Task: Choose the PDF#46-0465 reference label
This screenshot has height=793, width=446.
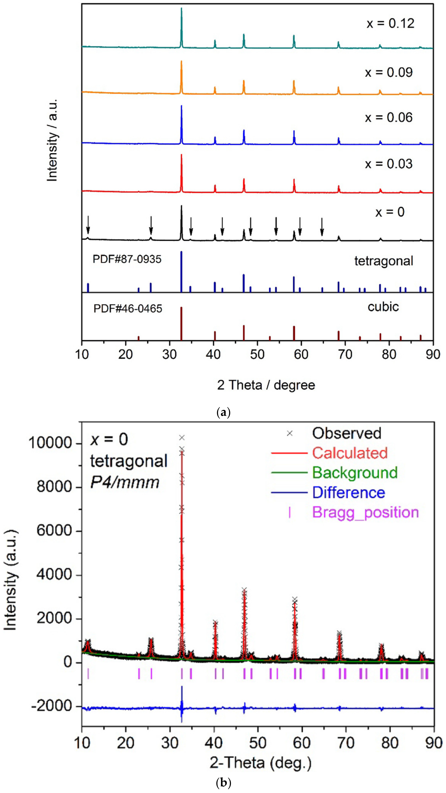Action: click(x=128, y=308)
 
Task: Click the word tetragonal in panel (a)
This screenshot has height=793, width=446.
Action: click(x=384, y=261)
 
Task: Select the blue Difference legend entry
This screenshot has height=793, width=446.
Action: click(x=349, y=493)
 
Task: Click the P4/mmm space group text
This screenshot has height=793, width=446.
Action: click(x=125, y=482)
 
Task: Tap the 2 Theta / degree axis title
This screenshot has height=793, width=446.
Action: click(x=266, y=385)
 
